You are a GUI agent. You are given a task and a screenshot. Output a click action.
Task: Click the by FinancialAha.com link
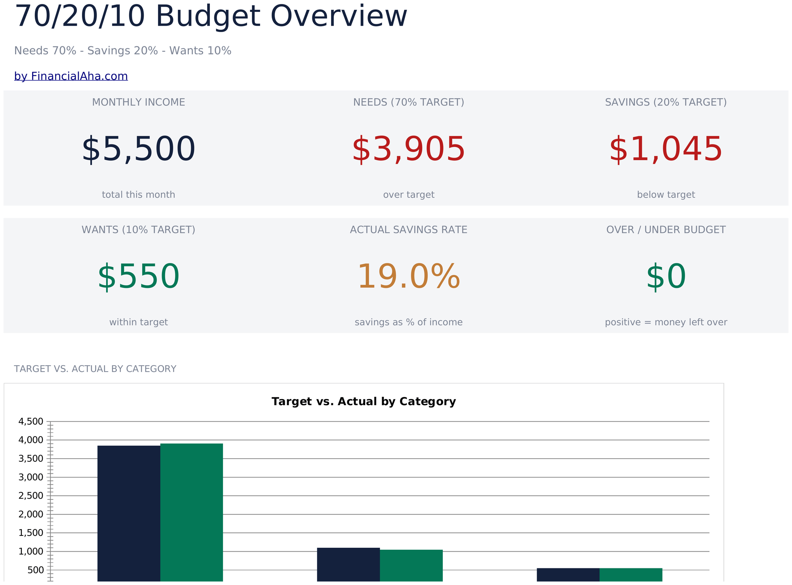71,76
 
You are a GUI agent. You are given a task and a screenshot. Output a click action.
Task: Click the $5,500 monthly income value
139,150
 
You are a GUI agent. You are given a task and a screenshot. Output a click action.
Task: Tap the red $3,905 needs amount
409,150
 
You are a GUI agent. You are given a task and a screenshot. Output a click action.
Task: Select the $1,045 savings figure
666,150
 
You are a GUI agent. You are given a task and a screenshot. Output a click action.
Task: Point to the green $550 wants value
139,277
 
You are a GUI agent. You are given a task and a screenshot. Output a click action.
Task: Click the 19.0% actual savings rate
409,277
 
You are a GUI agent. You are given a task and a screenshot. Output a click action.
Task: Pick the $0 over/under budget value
666,277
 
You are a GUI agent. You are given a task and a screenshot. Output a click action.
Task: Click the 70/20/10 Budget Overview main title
211,17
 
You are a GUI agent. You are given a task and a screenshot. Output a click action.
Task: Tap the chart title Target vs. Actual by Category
364,402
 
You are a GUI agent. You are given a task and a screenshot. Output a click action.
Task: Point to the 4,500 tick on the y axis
31,421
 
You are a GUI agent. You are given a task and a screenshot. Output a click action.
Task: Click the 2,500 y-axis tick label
31,496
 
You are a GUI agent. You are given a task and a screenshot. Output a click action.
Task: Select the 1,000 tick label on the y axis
31,551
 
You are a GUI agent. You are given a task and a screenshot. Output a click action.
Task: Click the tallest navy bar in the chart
129,514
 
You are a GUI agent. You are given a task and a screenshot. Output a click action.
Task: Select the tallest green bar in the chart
192,513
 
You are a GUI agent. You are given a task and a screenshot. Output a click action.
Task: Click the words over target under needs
409,195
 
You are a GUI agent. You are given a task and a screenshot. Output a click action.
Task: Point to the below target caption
666,195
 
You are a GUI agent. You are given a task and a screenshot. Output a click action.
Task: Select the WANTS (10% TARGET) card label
139,230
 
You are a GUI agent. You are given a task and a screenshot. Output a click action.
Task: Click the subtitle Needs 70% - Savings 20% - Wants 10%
123,51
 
